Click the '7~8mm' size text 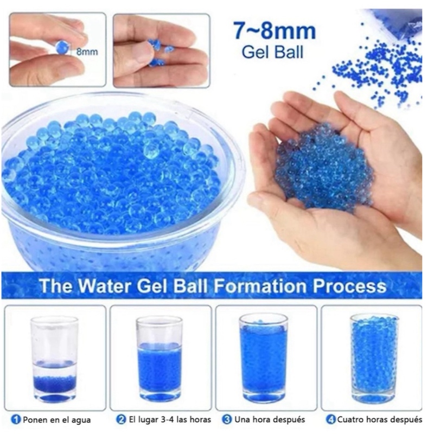(x=275, y=31)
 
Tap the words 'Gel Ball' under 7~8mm (x=273, y=52)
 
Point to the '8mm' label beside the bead (x=87, y=52)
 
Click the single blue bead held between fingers (x=62, y=47)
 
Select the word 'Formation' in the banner (x=260, y=286)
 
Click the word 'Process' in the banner (x=349, y=286)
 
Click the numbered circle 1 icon (x=16, y=419)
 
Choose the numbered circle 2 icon (x=121, y=419)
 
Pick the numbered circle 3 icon (x=227, y=419)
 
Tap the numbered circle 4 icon (x=331, y=419)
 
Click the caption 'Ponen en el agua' (x=57, y=420)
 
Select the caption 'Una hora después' (x=270, y=420)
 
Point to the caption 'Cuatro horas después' (x=379, y=420)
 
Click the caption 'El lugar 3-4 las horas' (x=170, y=419)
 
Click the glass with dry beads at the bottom (x=54, y=359)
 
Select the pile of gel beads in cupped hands (x=324, y=168)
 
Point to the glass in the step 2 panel (x=159, y=359)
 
